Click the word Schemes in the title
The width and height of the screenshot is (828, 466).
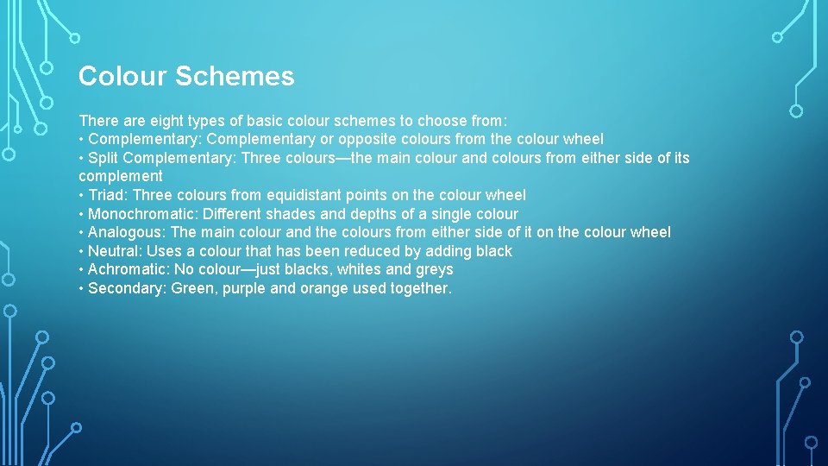click(235, 77)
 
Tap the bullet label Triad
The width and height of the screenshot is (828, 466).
click(107, 195)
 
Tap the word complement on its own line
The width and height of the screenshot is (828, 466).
click(120, 176)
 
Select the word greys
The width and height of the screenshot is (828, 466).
click(434, 269)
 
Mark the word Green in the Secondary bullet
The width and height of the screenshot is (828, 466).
click(192, 288)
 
